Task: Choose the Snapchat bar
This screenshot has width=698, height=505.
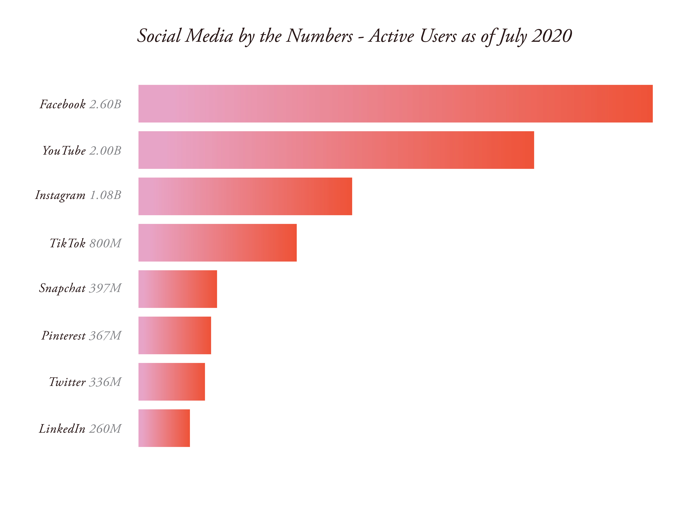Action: click(x=178, y=289)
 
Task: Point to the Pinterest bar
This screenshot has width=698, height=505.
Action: click(x=174, y=335)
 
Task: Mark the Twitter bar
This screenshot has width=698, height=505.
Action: click(x=171, y=382)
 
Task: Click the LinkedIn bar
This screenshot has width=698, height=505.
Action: click(x=164, y=428)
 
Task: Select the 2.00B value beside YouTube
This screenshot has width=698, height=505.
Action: click(x=105, y=151)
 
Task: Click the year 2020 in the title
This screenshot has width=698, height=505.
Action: click(x=552, y=36)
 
